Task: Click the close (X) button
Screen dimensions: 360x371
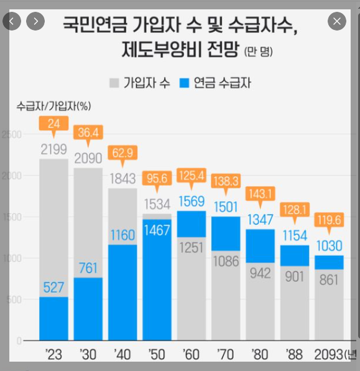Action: [337, 21]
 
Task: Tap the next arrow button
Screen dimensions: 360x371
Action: [35, 21]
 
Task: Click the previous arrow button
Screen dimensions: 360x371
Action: [12, 21]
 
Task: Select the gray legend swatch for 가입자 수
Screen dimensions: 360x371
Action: [114, 83]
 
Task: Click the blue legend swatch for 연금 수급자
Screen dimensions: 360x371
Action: [184, 83]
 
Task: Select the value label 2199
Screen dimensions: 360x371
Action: [53, 149]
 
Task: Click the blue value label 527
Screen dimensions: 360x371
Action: [53, 288]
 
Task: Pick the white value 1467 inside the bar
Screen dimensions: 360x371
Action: [157, 230]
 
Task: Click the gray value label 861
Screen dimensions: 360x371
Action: [329, 279]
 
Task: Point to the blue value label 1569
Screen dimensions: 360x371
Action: [192, 201]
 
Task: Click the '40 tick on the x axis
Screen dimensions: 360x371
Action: [122, 354]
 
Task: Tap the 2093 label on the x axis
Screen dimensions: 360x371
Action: [328, 354]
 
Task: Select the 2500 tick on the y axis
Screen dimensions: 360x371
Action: [12, 134]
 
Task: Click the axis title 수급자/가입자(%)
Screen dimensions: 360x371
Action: [53, 106]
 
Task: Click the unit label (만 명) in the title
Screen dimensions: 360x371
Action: [259, 51]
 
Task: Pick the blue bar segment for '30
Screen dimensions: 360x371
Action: [88, 309]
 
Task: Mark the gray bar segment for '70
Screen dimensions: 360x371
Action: [226, 296]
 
